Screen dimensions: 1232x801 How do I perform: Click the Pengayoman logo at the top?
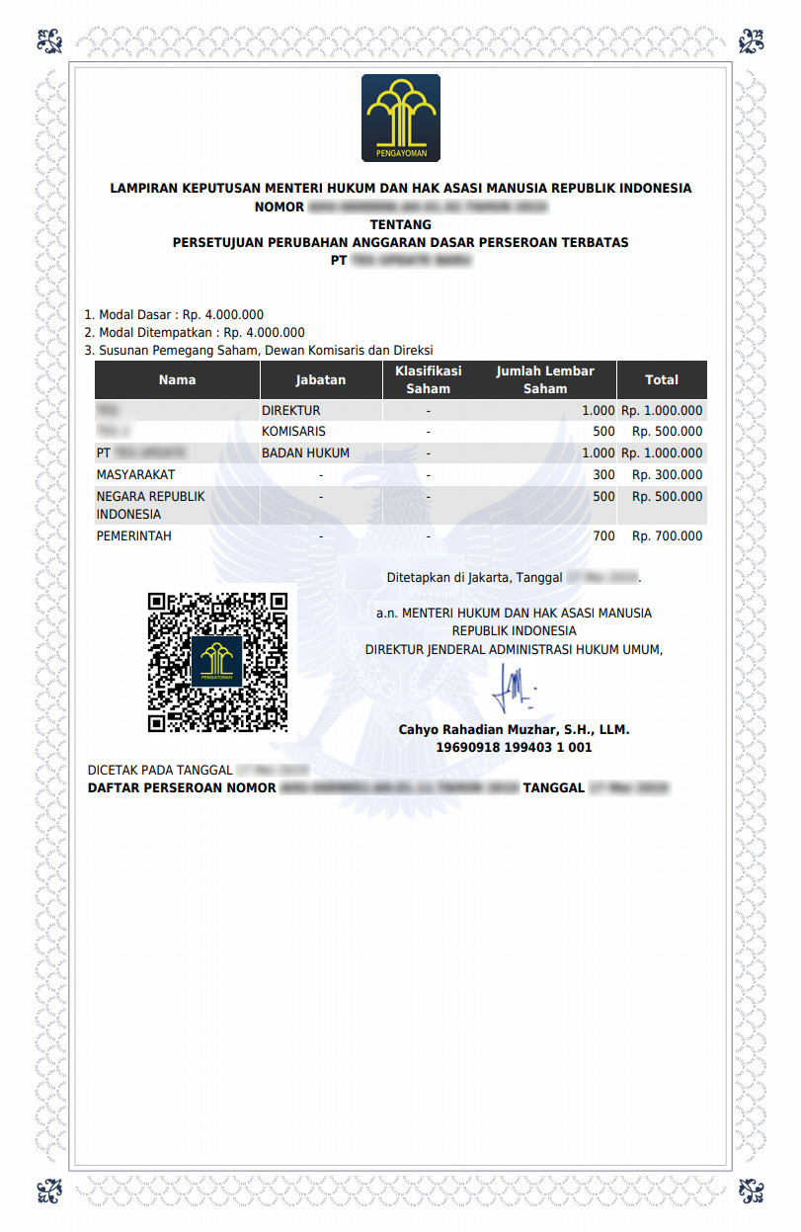point(400,119)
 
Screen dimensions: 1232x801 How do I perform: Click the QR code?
point(217,662)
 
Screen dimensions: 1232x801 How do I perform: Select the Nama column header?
point(177,379)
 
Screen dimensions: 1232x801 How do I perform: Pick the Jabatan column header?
point(320,379)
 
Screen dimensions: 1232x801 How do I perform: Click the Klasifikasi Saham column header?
point(429,379)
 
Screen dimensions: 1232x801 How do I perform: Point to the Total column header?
point(661,379)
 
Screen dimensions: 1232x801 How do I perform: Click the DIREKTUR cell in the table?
point(290,410)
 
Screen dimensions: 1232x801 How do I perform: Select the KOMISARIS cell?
point(293,432)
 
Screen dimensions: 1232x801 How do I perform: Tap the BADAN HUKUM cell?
point(305,453)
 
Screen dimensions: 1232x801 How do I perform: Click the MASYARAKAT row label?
point(135,475)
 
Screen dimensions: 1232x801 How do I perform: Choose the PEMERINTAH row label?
point(133,536)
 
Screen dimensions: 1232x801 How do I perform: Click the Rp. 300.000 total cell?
point(667,475)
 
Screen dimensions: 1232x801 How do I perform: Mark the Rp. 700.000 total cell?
point(667,536)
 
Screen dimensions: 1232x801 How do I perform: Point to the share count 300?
point(603,475)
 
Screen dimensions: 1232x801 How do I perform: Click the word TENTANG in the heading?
point(400,224)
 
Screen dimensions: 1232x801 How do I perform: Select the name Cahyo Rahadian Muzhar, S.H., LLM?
point(514,730)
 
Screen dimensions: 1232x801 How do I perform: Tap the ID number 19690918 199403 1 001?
point(514,748)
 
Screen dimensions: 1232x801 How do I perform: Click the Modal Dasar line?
point(174,315)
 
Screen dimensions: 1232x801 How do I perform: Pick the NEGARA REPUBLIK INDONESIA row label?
point(150,505)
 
